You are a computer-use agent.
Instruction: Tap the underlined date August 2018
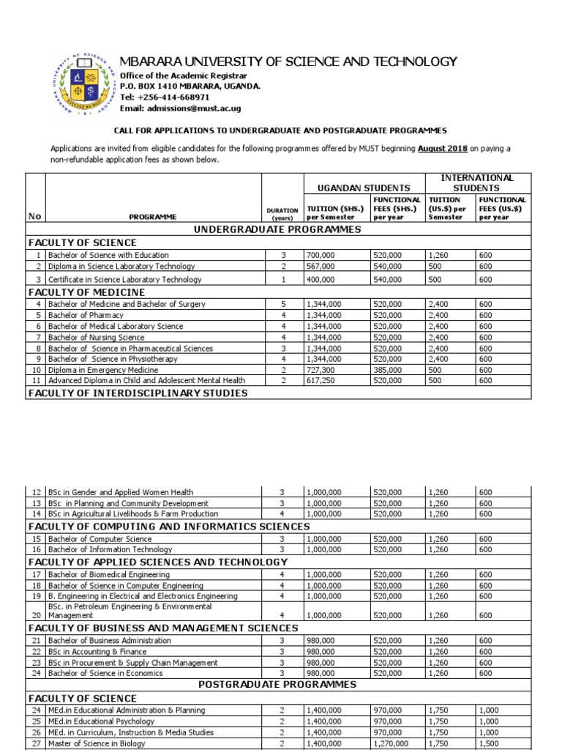click(442, 149)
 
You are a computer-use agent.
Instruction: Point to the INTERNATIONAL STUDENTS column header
click(476, 182)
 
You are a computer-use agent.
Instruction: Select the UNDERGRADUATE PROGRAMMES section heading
click(277, 229)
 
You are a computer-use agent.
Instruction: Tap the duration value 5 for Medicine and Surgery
click(282, 304)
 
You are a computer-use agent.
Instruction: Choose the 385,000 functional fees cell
click(387, 370)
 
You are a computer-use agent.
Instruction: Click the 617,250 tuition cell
click(319, 381)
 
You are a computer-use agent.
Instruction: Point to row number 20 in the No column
click(35, 616)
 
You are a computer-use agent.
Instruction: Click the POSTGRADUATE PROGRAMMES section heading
click(277, 684)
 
